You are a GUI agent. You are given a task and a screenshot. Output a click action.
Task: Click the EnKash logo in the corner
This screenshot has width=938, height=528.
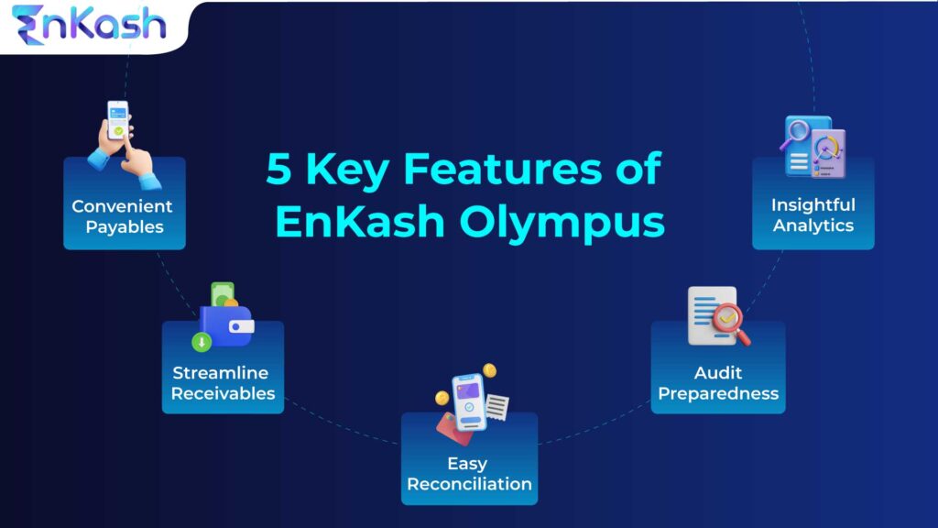[x=89, y=25]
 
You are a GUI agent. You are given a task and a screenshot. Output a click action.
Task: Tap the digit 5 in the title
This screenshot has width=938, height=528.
[x=280, y=170]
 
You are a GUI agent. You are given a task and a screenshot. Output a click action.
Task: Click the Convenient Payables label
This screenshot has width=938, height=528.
[x=123, y=216]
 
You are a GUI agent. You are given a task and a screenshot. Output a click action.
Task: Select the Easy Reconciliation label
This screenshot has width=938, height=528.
[x=469, y=473]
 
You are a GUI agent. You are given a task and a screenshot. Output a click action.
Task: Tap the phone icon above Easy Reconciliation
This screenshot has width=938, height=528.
[x=467, y=401]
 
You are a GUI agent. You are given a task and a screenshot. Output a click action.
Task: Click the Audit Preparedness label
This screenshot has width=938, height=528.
[x=718, y=383]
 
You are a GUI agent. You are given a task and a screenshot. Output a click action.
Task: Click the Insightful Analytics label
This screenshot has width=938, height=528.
[x=813, y=214]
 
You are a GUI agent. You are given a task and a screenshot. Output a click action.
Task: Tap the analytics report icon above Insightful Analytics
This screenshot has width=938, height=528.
[x=813, y=147]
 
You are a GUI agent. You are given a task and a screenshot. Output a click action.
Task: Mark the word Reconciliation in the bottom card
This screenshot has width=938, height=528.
[x=469, y=484]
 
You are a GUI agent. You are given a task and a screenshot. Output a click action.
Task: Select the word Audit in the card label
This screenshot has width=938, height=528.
[x=718, y=373]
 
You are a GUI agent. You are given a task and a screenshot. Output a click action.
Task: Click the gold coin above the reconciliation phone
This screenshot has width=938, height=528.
[x=489, y=370]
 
